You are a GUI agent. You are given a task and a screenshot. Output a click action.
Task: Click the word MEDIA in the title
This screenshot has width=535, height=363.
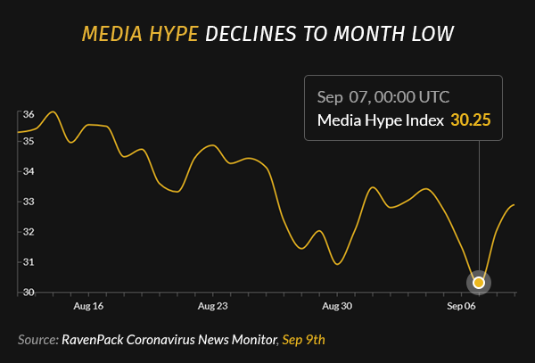109,34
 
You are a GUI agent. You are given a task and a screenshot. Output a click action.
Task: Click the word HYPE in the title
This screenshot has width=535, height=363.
169,34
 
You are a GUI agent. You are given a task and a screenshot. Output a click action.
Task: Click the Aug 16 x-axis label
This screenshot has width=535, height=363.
88,307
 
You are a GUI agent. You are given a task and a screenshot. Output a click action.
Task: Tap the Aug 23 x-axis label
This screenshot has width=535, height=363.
213,307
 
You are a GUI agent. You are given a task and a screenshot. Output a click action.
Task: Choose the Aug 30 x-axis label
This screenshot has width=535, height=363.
338,307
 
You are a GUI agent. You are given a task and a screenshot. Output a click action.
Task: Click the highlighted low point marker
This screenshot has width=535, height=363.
479,283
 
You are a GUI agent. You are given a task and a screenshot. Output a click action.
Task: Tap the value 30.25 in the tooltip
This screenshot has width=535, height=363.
471,120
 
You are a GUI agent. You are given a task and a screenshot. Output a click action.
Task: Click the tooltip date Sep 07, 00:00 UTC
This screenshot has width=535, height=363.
383,96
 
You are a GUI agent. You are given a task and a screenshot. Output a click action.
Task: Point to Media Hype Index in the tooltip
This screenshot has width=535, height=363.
381,120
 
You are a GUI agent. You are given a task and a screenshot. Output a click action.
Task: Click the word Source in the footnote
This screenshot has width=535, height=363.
37,340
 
